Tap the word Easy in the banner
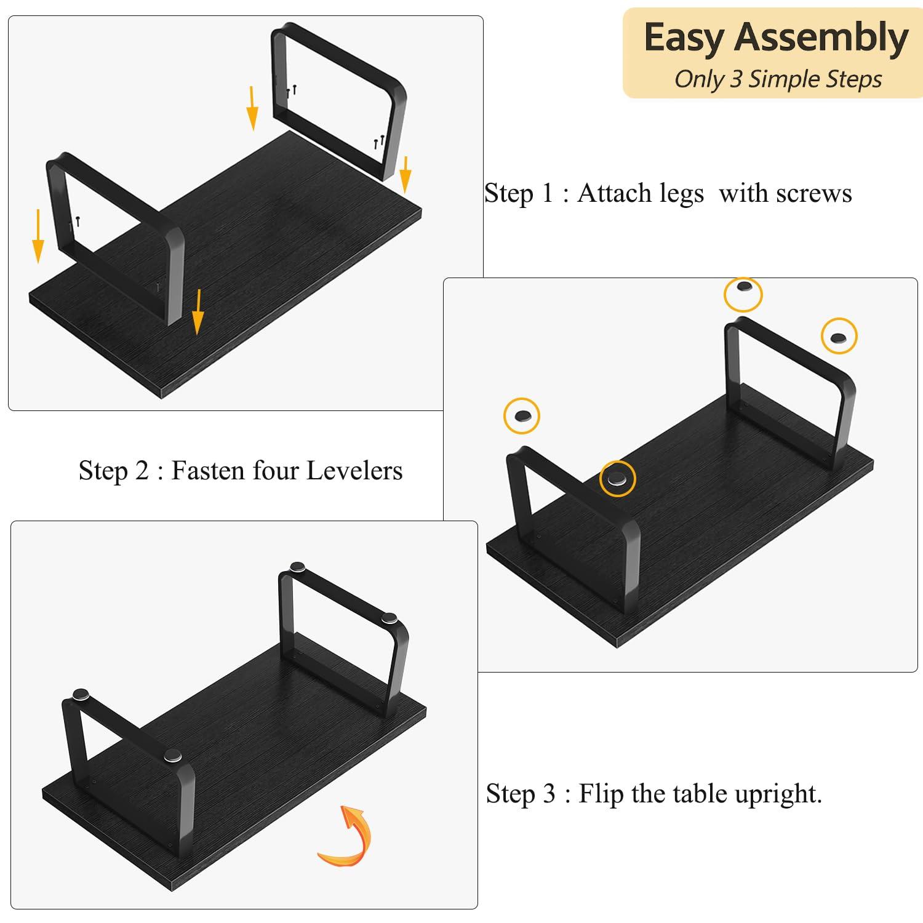point(684,39)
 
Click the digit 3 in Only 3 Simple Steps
point(735,79)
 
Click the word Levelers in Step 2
point(354,471)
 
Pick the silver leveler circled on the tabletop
point(617,479)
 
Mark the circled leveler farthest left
point(522,416)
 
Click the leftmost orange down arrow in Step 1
point(38,236)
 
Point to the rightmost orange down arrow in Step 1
point(405,175)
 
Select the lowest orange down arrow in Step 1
point(198,313)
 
